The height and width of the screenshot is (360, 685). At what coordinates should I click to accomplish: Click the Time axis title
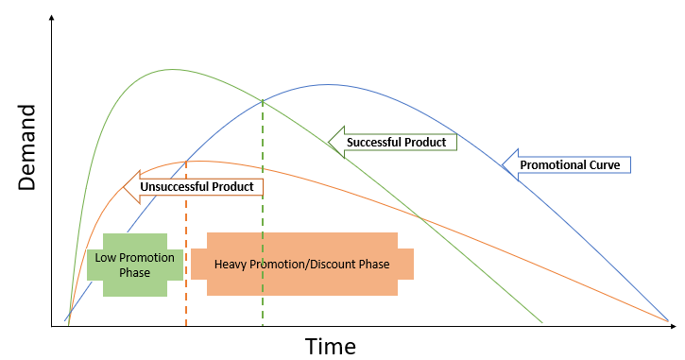330,346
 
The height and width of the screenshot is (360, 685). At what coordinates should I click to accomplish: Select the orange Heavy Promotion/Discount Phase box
302,264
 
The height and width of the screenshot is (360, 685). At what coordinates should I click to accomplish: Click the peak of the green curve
173,69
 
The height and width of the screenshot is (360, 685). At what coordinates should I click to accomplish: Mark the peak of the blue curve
327,84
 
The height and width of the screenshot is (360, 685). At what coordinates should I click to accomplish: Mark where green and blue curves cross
263,101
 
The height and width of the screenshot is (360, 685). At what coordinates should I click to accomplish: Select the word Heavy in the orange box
231,264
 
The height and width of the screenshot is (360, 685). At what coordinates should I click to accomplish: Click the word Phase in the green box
134,272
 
